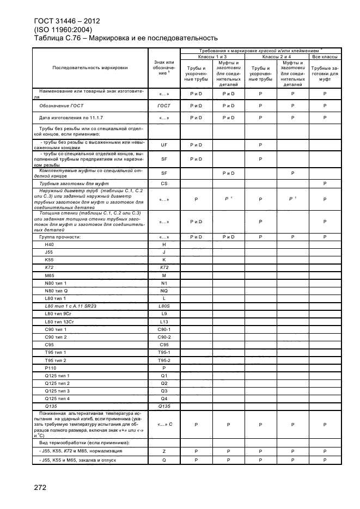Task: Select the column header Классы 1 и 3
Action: (212, 57)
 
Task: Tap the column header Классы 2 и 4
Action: (277, 57)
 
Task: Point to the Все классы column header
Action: (325, 57)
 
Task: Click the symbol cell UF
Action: (164, 145)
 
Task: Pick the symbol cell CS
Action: (164, 183)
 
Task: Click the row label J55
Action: (50, 253)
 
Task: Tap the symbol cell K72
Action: (164, 268)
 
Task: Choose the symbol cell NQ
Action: (164, 291)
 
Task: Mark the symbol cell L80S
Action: (164, 306)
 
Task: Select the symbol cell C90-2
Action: (164, 337)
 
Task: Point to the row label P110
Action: (51, 368)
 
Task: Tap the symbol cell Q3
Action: (164, 391)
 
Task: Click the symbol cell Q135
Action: (164, 406)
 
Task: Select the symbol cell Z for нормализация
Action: (164, 451)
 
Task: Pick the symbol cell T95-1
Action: (164, 353)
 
